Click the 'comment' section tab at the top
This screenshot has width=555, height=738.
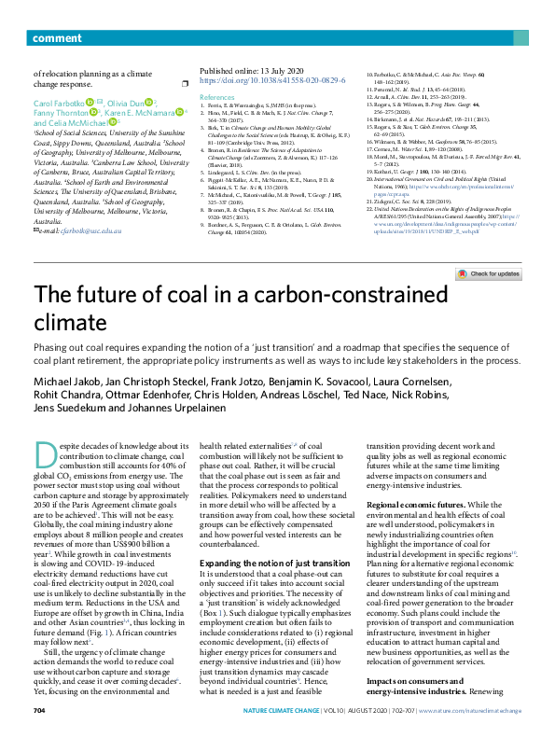pyautogui.click(x=56, y=12)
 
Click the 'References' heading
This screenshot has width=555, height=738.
pyautogui.click(x=217, y=96)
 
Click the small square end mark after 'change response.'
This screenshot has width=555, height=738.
pyautogui.click(x=185, y=83)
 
